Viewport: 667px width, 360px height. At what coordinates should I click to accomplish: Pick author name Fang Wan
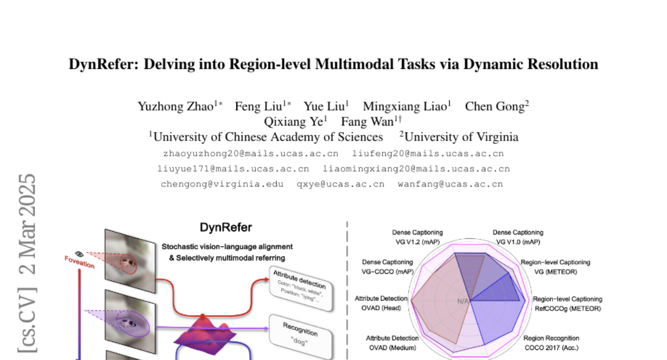[367, 122]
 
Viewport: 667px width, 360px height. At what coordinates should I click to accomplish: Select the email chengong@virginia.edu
[222, 184]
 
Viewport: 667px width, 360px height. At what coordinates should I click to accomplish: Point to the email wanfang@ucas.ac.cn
[450, 184]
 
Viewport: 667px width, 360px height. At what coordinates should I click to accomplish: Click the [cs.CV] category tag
[28, 319]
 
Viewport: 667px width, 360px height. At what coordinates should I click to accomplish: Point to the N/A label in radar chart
[462, 301]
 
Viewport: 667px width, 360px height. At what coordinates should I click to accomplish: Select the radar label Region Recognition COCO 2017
[551, 343]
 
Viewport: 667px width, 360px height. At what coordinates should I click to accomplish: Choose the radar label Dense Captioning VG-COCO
[387, 267]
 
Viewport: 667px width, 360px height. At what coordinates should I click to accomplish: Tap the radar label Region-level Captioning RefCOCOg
[567, 303]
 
